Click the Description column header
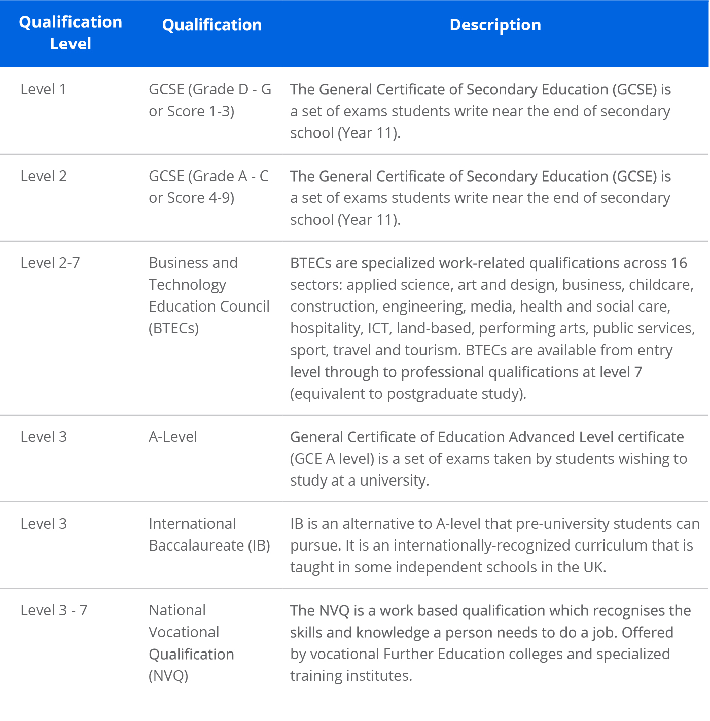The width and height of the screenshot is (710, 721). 495,25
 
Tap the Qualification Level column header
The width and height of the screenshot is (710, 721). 70,33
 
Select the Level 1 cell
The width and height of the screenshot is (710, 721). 43,89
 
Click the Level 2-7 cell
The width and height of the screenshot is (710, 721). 50,263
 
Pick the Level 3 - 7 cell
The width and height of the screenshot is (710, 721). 54,610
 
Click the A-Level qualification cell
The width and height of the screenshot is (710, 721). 172,437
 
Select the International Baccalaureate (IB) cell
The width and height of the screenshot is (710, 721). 209,535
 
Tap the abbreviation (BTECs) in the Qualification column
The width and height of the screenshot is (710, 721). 173,328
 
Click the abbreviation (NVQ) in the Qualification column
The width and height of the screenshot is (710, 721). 168,676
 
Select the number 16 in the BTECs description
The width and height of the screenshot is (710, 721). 679,263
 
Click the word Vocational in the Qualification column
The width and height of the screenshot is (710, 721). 184,632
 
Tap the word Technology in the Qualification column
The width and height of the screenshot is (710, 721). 187,285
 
